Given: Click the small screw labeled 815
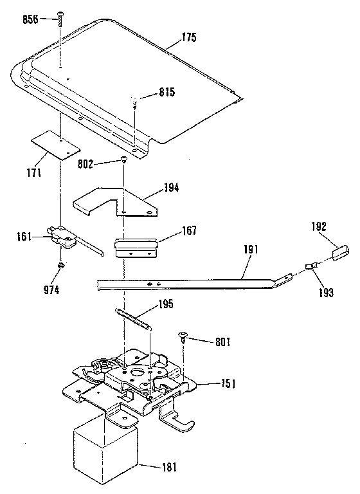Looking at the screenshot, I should tap(134, 99).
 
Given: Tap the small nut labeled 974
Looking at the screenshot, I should tap(60, 264).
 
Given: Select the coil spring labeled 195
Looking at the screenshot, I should tap(134, 318).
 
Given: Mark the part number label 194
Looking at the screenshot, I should tap(171, 188).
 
